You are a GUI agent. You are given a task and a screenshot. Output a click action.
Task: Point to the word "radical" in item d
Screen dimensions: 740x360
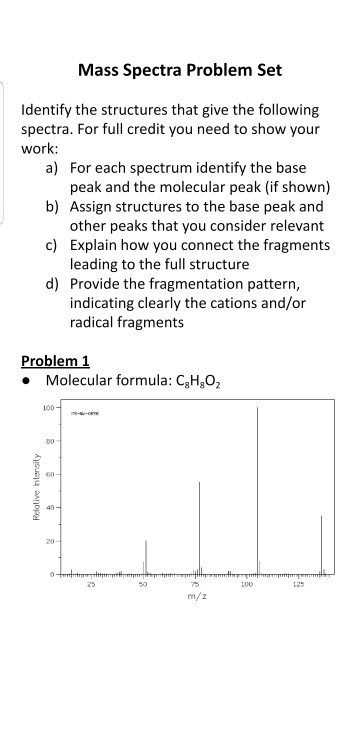95,323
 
